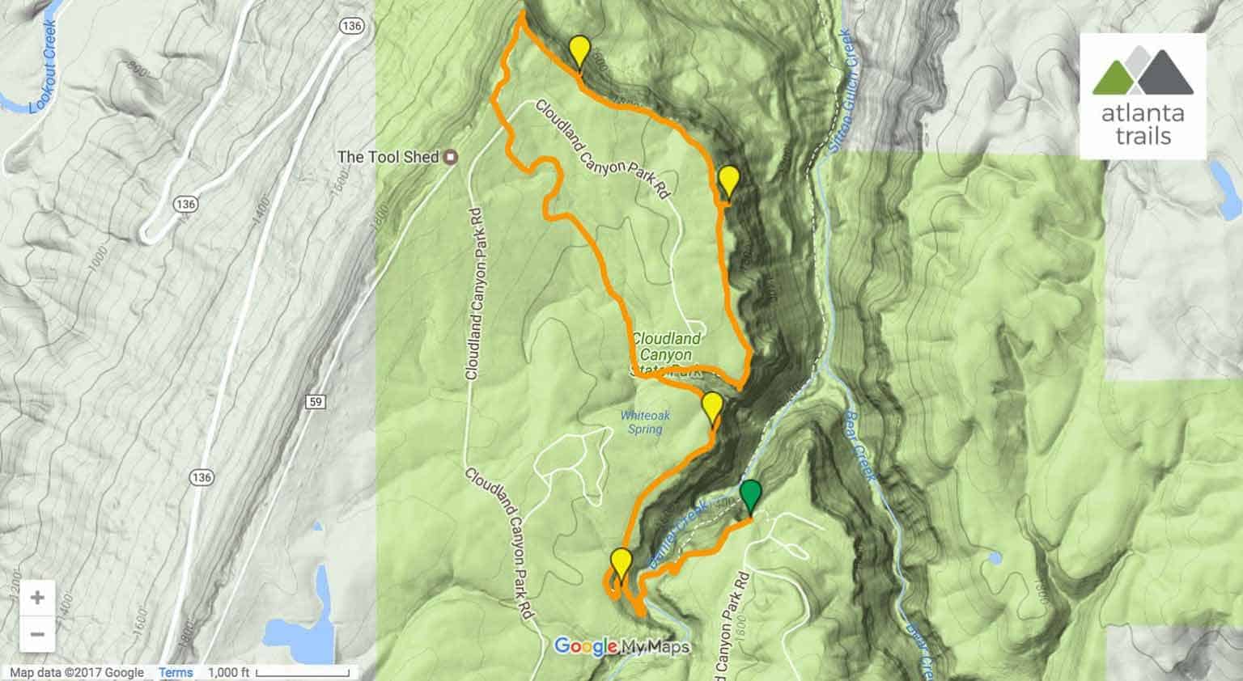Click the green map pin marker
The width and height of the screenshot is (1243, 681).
751,494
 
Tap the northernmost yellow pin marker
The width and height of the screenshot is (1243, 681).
578,51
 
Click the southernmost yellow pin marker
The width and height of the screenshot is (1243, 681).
621,562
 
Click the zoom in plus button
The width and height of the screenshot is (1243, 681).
37,598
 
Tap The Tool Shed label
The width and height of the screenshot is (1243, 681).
388,157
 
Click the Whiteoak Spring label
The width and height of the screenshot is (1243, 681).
644,422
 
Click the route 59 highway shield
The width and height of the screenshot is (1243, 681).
316,401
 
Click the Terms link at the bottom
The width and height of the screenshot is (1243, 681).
176,672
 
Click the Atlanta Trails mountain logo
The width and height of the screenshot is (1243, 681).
1142,71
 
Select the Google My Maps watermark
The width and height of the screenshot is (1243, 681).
621,646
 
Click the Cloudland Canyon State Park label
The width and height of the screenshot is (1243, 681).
665,355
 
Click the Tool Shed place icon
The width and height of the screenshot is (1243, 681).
452,157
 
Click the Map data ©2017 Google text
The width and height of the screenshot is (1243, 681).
77,672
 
